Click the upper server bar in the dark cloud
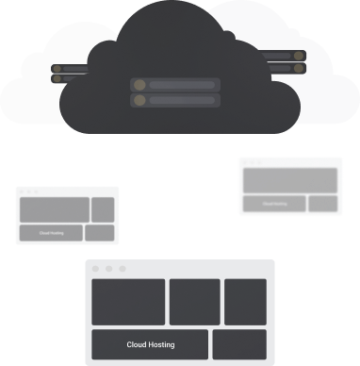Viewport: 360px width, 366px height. tap(175, 85)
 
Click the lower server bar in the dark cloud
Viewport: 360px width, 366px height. tap(175, 99)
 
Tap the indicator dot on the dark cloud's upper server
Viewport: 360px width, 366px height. tap(139, 85)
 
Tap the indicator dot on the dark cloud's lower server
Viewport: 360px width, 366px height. tap(139, 99)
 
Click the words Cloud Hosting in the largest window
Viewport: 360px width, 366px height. tap(151, 345)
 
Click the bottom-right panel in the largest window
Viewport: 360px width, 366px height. tap(239, 344)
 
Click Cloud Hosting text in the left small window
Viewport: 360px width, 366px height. tap(51, 232)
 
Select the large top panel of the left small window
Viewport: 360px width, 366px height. tap(54, 209)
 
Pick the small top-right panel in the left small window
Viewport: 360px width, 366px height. tap(103, 209)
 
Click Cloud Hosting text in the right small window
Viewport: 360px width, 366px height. tap(273, 203)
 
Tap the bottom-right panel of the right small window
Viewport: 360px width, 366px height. tap(322, 203)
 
